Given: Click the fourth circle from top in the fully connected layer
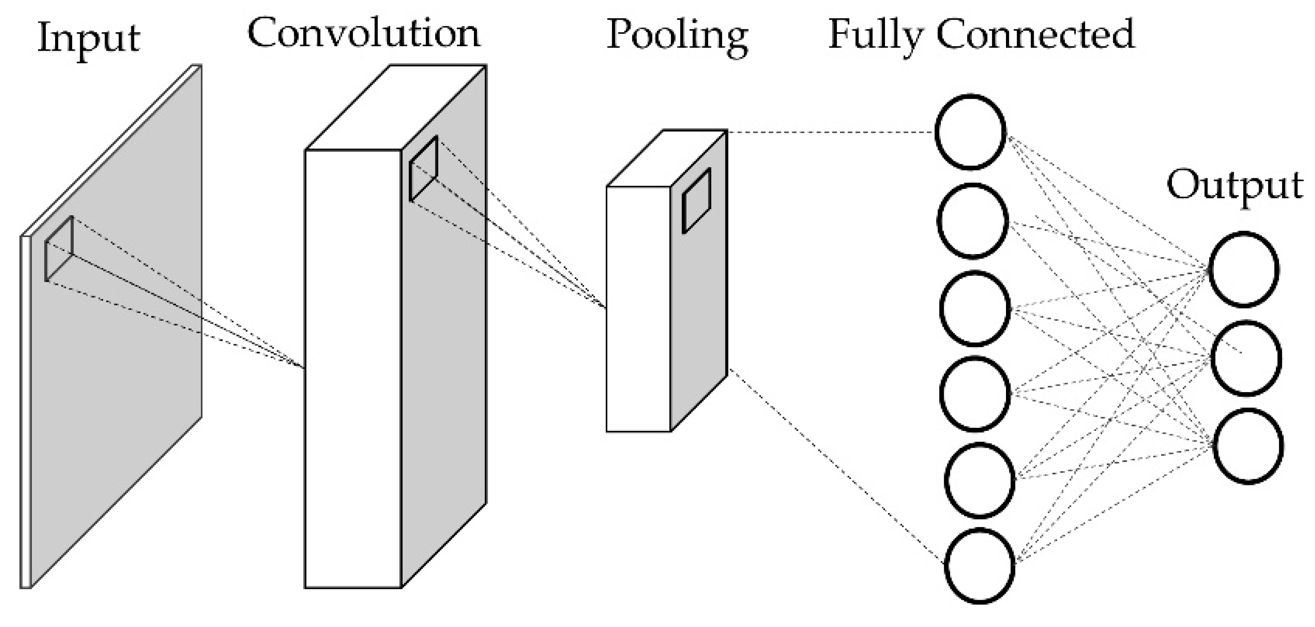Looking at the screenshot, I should (x=975, y=394).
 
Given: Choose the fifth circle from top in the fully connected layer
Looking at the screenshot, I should (x=979, y=480).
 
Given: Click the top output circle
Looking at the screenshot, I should (x=1244, y=269).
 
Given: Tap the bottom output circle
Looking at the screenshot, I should (x=1248, y=445).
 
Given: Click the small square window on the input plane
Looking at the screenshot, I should (x=59, y=249).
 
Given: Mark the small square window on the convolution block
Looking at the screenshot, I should (x=424, y=168).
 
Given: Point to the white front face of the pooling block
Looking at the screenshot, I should (x=638, y=309).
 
